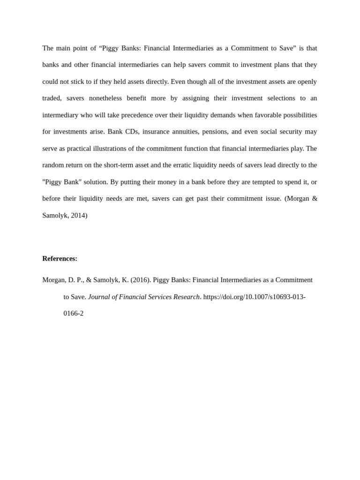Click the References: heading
[x=60, y=258]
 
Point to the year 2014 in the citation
[x=79, y=215]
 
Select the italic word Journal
[x=99, y=297]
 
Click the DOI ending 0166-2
[x=73, y=313]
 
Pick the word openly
[x=307, y=82]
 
